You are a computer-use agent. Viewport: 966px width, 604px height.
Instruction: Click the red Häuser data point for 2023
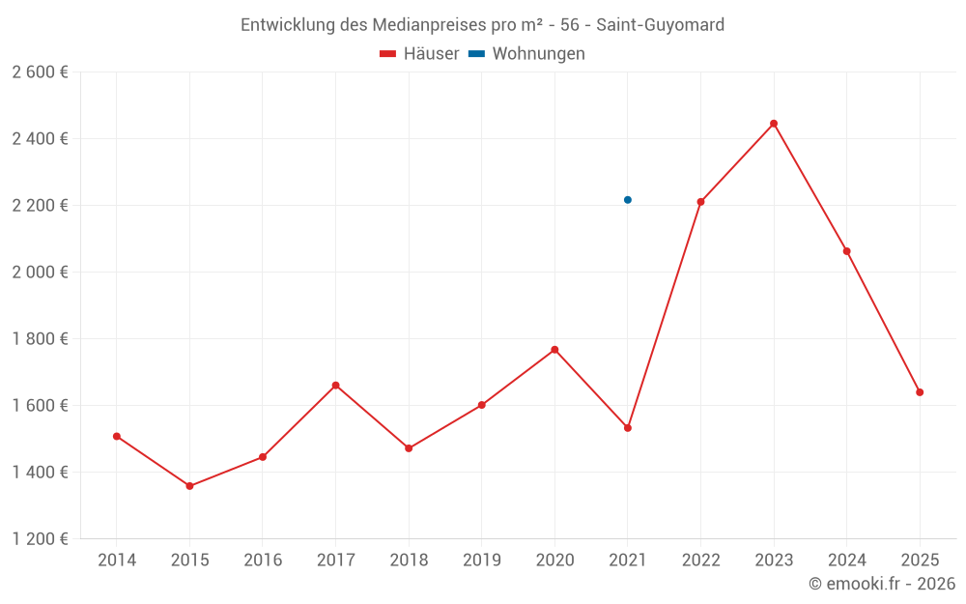pos(774,124)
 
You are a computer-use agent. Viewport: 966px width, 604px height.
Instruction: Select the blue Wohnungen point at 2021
pos(628,200)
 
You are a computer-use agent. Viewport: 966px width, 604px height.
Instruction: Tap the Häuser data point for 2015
pos(189,486)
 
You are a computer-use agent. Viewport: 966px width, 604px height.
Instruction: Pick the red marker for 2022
pos(700,202)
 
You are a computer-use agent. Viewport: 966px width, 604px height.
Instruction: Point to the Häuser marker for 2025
pos(920,392)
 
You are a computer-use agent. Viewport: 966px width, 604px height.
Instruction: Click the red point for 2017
pos(335,386)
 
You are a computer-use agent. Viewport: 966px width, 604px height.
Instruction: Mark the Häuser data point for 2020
pos(554,350)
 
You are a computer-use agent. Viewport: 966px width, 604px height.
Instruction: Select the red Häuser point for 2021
pos(628,428)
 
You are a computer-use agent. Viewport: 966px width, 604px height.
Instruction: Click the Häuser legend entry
pos(419,54)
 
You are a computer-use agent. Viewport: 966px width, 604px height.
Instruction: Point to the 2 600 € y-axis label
pos(40,72)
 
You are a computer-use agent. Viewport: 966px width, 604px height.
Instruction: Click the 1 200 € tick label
pos(40,539)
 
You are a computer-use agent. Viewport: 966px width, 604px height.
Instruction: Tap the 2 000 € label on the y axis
pos(40,273)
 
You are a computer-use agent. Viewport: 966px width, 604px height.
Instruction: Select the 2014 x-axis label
pos(117,561)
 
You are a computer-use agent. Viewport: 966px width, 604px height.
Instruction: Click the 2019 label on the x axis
pos(481,561)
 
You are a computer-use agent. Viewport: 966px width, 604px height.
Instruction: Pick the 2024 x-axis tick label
pos(846,561)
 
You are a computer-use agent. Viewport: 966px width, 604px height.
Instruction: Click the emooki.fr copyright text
pos(882,584)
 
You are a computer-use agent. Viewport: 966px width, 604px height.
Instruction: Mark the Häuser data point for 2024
pos(847,251)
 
